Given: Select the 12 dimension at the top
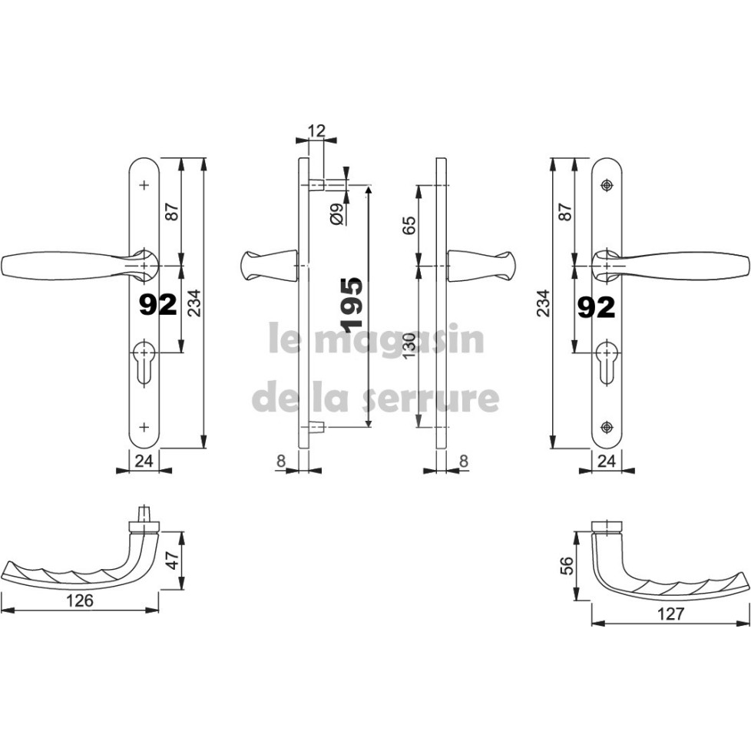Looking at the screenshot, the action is click(316, 131).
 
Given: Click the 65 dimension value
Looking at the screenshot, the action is click(409, 225).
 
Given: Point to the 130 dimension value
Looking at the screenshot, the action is click(409, 347).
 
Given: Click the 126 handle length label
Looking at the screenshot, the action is click(80, 600).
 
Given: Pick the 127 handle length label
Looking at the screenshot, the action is click(670, 614).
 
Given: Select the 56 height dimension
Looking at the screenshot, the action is click(566, 566).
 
